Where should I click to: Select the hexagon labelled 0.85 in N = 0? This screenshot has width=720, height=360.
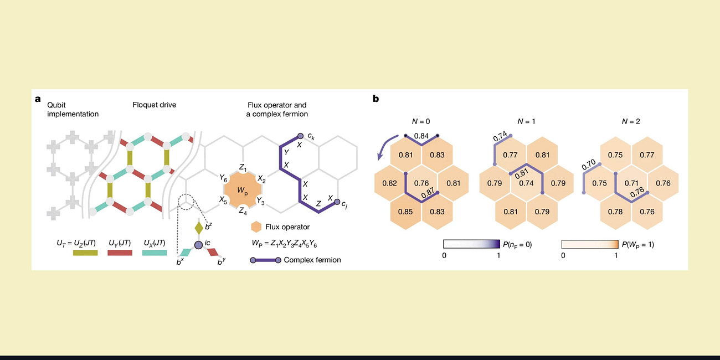[x=406, y=210]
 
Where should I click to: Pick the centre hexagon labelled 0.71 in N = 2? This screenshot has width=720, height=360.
[x=627, y=183]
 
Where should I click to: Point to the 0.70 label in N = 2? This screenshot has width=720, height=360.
[x=589, y=164]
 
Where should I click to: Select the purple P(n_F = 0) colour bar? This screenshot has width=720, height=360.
[x=471, y=244]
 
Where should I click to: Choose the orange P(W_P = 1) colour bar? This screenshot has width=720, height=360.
[x=589, y=244]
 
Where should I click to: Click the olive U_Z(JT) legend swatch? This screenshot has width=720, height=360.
[x=85, y=253]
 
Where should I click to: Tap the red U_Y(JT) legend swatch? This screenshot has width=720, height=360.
[x=120, y=253]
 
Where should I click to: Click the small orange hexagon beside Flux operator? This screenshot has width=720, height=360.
[x=256, y=227]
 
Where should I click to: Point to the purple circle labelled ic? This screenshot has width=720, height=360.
[x=198, y=244]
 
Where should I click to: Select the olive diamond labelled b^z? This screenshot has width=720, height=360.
[x=199, y=228]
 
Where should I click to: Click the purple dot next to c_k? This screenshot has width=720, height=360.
[x=300, y=135]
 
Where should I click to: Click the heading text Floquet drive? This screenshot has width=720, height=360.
[x=154, y=105]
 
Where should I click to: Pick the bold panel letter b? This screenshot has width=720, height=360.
[x=376, y=99]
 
